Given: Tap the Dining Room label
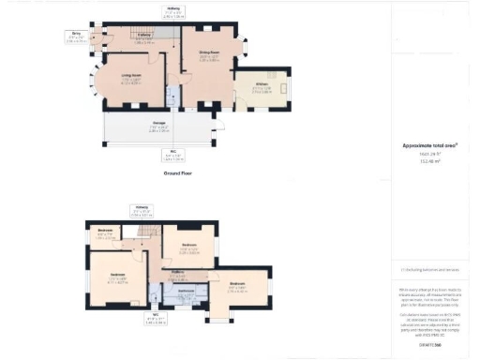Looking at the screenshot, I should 207,55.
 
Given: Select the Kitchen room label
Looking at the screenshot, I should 263,89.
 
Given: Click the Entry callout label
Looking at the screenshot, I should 76,37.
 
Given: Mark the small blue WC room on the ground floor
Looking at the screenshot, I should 172,97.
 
